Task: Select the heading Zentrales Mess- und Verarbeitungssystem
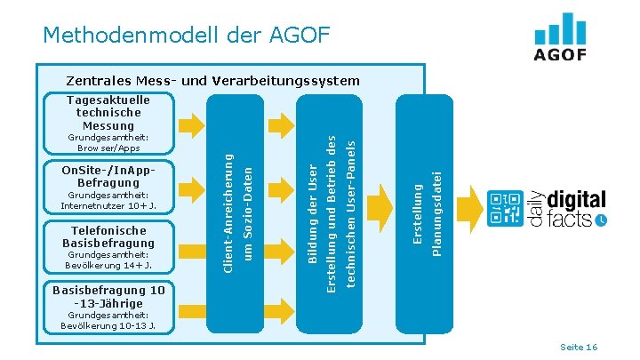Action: tap(212, 81)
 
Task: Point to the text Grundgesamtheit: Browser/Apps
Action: tap(108, 142)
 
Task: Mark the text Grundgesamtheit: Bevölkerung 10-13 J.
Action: tap(108, 320)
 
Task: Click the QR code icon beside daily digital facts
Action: tap(503, 209)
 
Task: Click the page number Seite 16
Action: tap(578, 347)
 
